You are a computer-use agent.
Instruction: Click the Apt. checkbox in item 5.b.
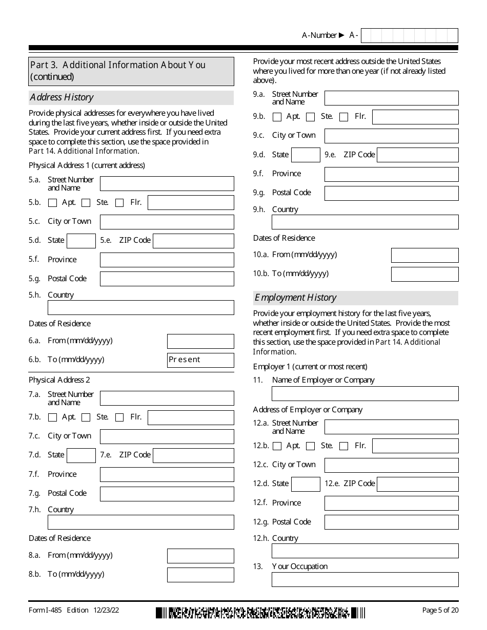(52, 203)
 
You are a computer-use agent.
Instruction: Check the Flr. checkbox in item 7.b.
(119, 417)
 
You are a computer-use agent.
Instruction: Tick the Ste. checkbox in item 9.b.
(310, 117)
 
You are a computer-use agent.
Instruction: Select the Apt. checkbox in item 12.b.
(277, 446)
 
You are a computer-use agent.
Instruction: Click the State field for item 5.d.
(81, 241)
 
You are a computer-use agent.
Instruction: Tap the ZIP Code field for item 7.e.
(193, 455)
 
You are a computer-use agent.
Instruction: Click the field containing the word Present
(200, 360)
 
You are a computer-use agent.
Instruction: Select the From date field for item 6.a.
(200, 341)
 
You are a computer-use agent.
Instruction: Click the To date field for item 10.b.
(424, 274)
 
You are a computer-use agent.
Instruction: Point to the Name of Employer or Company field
(365, 393)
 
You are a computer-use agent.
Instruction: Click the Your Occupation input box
(365, 580)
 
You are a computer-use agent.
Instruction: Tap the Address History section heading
(62, 97)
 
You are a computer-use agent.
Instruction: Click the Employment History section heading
(296, 298)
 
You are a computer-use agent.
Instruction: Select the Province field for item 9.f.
(391, 174)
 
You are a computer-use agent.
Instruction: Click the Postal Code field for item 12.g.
(391, 522)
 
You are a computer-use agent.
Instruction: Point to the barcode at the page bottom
(260, 613)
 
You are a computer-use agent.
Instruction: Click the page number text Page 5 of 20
(440, 610)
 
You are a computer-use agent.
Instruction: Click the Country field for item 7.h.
(140, 522)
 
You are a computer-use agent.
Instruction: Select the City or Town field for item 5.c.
(167, 222)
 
